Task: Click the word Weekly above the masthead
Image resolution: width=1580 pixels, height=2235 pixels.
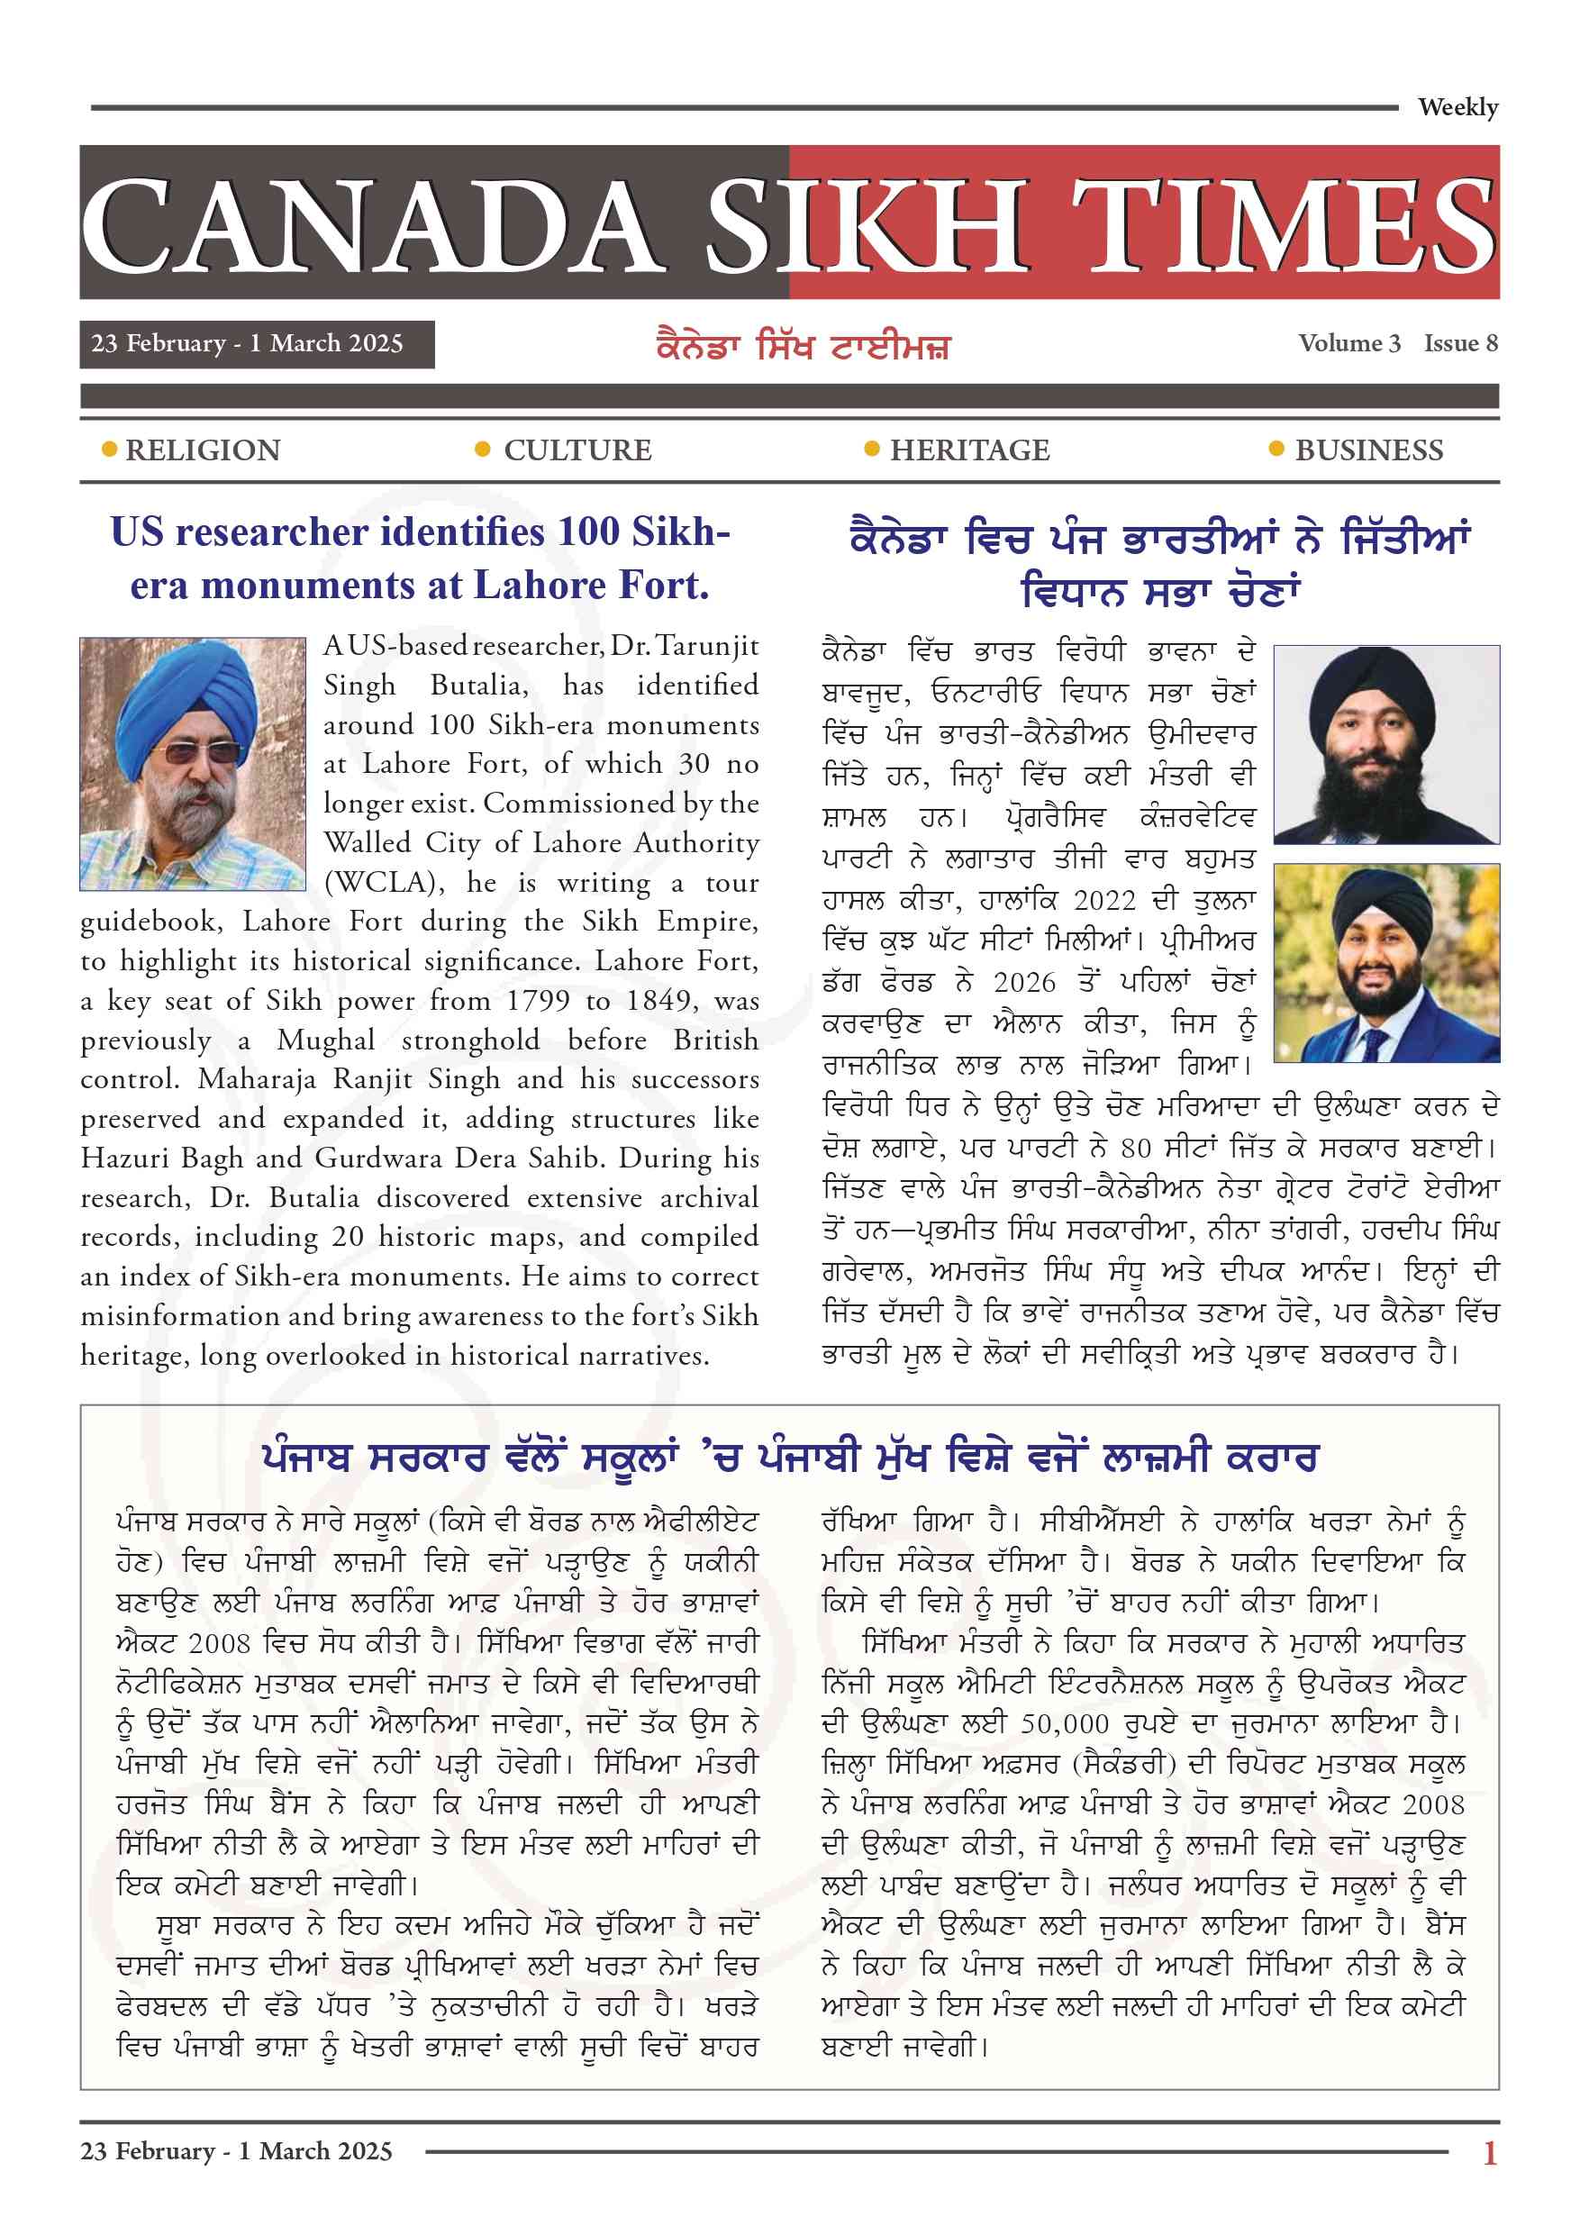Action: pos(1457,107)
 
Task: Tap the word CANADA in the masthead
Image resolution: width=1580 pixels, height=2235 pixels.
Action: pos(370,226)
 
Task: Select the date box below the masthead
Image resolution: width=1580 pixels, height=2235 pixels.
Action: pos(257,343)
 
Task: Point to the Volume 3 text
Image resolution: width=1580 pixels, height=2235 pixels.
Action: pos(1348,343)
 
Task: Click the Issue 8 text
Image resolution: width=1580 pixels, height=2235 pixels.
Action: pos(1460,343)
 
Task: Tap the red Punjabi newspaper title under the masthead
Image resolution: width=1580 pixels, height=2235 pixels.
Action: pos(804,347)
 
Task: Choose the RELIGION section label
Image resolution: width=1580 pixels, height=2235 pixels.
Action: pos(203,450)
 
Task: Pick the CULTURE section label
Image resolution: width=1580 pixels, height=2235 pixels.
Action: pos(577,450)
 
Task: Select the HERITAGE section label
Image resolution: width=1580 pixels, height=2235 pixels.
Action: pos(969,450)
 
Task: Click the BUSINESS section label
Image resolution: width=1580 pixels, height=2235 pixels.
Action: pos(1368,450)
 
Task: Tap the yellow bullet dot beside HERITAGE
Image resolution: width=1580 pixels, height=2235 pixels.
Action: pos(872,449)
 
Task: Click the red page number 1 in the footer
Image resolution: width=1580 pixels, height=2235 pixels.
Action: pos(1489,2152)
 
